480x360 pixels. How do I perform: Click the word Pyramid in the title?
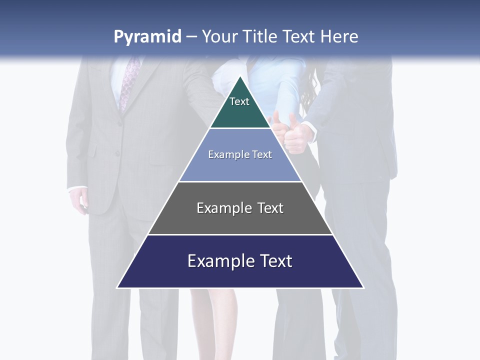(x=147, y=37)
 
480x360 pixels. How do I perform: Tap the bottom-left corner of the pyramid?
(x=118, y=287)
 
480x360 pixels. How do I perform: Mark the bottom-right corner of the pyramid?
(x=362, y=287)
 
